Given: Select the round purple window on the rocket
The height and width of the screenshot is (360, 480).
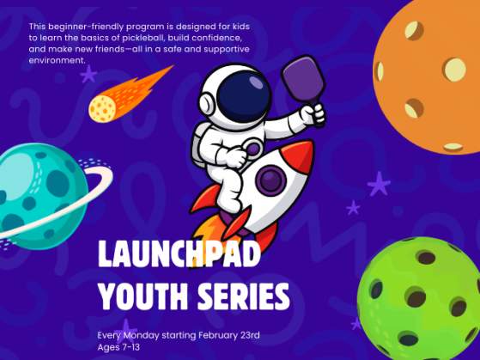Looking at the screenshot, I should pos(270,180).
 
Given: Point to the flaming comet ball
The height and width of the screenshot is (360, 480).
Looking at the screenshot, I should pos(104,107).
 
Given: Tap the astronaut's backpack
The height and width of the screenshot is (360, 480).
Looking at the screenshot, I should pos(199,137).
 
